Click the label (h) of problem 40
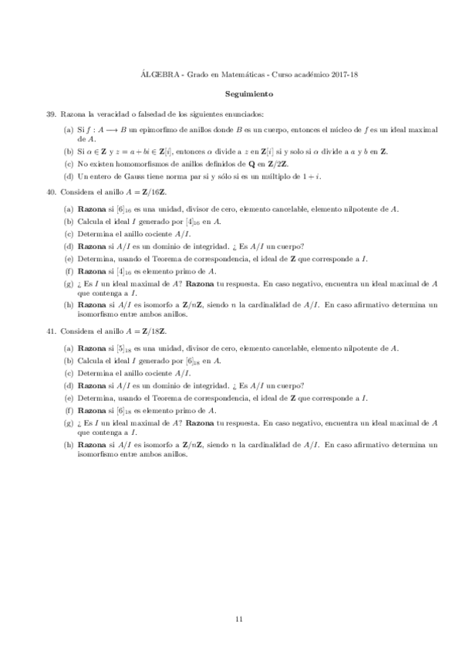[69, 306]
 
